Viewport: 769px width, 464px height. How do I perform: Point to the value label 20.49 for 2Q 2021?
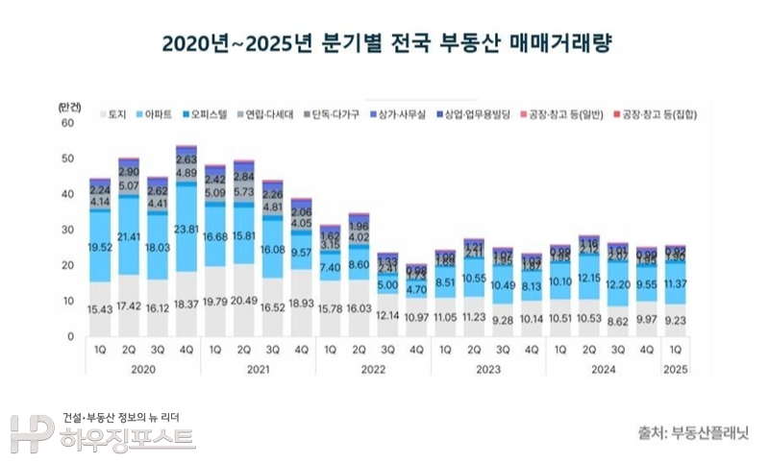coord(244,305)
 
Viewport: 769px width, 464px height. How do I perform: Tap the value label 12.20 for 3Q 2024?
coord(618,286)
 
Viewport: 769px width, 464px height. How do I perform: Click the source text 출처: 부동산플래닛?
coord(692,431)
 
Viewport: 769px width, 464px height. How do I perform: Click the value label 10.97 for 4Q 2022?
coord(417,317)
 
